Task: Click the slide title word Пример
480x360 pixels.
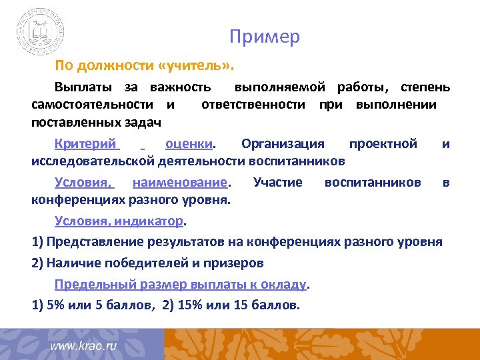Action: tap(265, 37)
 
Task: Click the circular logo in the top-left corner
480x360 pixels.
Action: tap(41, 32)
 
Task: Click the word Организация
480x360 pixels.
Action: tap(283, 143)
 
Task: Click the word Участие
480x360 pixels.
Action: tap(278, 182)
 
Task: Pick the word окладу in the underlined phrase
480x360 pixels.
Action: tap(286, 285)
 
